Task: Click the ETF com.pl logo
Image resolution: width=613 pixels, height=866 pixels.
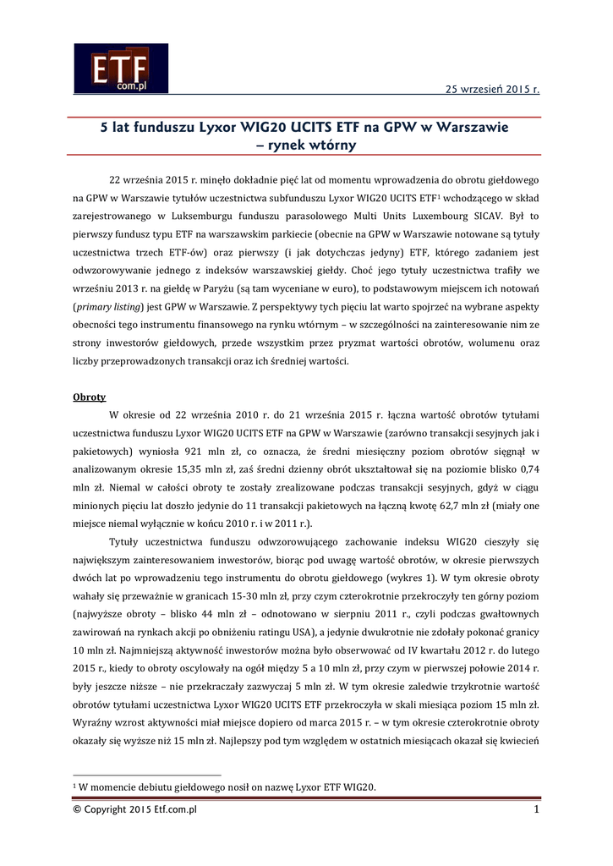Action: (x=120, y=69)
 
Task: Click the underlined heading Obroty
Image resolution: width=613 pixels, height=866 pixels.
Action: (x=90, y=397)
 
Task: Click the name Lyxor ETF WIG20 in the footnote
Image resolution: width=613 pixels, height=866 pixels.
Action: (x=333, y=787)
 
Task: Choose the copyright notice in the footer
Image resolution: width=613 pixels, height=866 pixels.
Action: (x=135, y=810)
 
